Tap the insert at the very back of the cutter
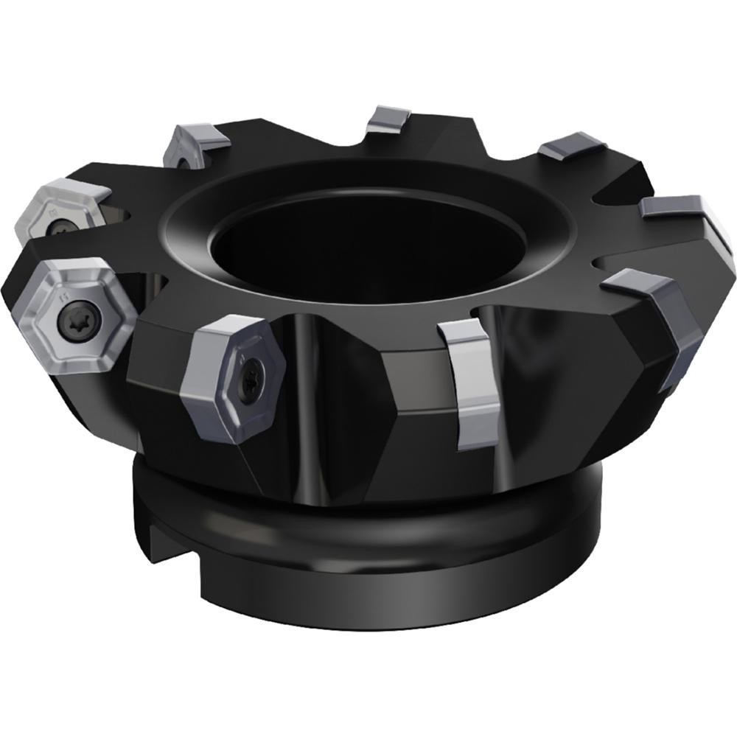click(x=391, y=118)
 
